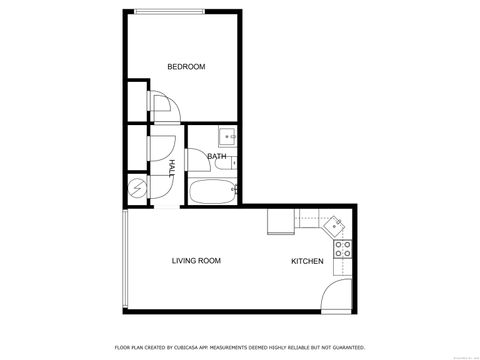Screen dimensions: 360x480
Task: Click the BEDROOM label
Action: coord(186,67)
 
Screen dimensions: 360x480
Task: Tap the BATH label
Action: coord(216,157)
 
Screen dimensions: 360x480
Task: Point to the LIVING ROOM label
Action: coord(196,261)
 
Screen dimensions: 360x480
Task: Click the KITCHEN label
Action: coord(306,261)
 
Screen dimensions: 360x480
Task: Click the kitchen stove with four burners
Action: coord(342,248)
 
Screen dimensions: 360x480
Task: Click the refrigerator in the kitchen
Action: coord(280,221)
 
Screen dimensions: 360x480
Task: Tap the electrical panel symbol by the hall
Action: coord(136,187)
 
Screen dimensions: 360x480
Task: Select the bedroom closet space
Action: coord(136,100)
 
